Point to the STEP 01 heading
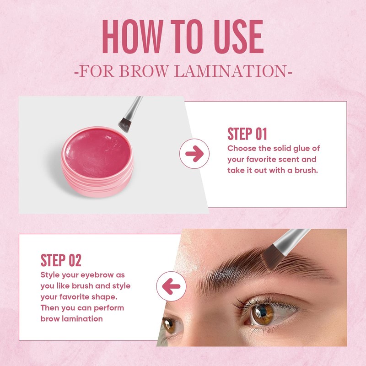pos(247,134)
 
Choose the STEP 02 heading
pos(61,260)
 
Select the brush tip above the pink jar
pos(124,121)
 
